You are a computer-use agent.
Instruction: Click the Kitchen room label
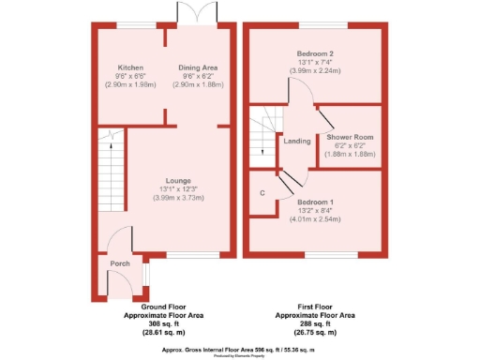131,67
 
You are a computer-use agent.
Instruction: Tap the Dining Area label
198,67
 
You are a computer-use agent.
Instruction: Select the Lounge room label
179,180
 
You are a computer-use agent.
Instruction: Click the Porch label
120,263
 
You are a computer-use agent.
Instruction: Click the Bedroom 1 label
315,202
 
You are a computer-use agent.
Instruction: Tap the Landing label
297,142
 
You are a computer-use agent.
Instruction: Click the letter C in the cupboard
262,195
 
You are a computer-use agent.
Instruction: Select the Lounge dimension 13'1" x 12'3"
179,189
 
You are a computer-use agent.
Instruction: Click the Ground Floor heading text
166,307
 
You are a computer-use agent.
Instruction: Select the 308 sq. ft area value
166,323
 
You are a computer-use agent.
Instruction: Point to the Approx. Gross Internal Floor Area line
240,349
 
